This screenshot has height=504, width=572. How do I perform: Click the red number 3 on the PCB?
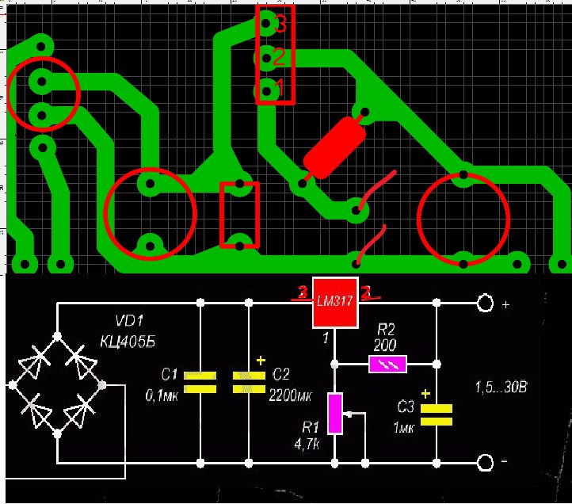click(x=281, y=24)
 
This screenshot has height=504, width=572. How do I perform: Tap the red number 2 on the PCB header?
click(x=279, y=57)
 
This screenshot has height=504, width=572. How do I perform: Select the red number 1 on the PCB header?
click(x=277, y=89)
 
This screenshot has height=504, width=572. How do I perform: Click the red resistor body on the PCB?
click(x=334, y=148)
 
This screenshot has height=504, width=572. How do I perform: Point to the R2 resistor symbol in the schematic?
click(x=387, y=364)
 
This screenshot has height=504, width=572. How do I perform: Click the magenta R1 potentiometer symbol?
click(x=335, y=413)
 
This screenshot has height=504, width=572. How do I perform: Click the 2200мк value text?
click(x=288, y=393)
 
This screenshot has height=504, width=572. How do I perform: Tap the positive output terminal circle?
click(x=484, y=304)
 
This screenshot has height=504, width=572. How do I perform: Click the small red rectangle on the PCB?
click(x=239, y=214)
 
